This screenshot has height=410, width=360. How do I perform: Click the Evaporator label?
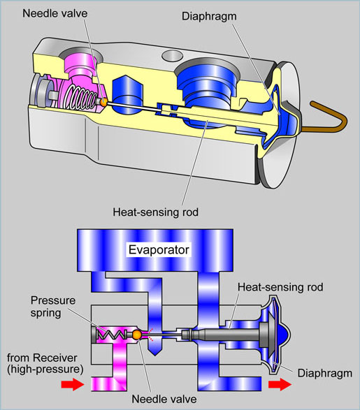(x=159, y=250)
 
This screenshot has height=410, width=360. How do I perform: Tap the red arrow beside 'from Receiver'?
(x=73, y=384)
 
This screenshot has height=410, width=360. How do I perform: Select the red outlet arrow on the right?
(x=280, y=384)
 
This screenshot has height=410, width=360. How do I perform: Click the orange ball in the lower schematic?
(x=137, y=335)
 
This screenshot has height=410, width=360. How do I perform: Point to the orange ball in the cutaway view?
(x=103, y=102)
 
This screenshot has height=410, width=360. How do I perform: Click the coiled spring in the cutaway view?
(x=80, y=98)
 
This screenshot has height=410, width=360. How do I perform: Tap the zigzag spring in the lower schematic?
(x=112, y=334)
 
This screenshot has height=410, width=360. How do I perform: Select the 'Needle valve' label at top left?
(x=55, y=13)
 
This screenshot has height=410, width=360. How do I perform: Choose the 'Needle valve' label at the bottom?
(x=164, y=399)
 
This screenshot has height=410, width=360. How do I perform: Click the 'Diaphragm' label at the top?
(x=209, y=16)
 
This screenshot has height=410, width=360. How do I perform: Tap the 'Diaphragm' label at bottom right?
(x=324, y=373)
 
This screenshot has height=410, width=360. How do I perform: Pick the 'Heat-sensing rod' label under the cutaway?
(x=156, y=212)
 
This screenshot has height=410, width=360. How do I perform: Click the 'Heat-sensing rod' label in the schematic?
(x=280, y=287)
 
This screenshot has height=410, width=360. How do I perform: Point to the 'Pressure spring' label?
(x=53, y=307)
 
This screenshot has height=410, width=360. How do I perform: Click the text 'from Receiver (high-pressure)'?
(x=45, y=363)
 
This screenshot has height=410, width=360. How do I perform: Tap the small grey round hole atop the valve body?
(x=172, y=55)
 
